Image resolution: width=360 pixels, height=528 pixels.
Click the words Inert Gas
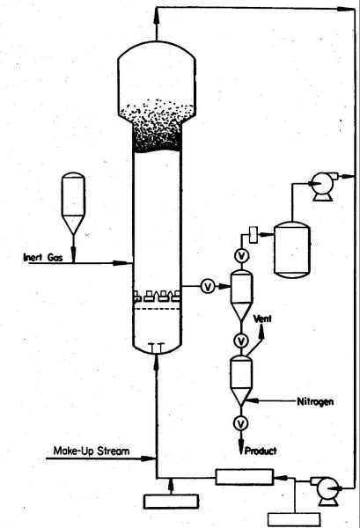click(x=43, y=258)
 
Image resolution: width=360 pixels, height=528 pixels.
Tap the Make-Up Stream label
click(x=92, y=451)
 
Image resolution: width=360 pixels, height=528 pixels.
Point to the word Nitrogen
click(x=315, y=401)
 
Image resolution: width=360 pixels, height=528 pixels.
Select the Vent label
click(x=262, y=319)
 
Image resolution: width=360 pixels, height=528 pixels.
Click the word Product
click(x=261, y=451)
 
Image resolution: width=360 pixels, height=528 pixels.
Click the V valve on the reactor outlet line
click(x=208, y=287)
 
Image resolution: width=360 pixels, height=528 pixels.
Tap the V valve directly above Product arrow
click(x=241, y=423)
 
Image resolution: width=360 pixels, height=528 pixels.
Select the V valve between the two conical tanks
click(x=241, y=341)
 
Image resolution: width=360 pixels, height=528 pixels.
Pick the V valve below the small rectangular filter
click(x=242, y=256)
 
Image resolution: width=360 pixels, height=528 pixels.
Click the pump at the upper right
click(x=322, y=186)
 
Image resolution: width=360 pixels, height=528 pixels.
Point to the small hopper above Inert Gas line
click(x=73, y=203)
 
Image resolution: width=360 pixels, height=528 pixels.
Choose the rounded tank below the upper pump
click(x=292, y=250)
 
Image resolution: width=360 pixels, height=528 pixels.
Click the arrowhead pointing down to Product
click(x=241, y=446)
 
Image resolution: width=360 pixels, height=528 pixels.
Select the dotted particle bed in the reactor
click(x=157, y=126)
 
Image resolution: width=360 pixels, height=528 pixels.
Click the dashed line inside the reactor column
click(x=157, y=309)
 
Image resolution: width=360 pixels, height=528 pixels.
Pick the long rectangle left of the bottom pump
click(x=244, y=478)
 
